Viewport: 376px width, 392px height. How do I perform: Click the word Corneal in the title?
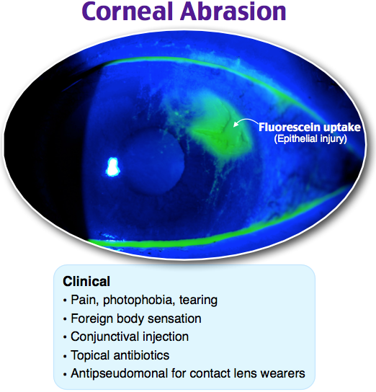coord(127,12)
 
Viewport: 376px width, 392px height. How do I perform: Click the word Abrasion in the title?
coord(233,12)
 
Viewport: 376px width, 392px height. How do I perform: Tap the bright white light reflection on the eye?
coord(112,166)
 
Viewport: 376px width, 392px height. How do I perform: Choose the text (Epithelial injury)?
coord(310,139)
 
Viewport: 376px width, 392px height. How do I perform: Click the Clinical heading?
coord(86,282)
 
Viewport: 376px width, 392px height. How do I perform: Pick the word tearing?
coord(198,300)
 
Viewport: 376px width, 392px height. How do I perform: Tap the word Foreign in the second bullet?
coord(91,318)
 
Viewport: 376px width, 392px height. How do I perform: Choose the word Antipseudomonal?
coord(119,373)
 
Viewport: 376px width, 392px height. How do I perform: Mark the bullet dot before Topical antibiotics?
coord(65,356)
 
